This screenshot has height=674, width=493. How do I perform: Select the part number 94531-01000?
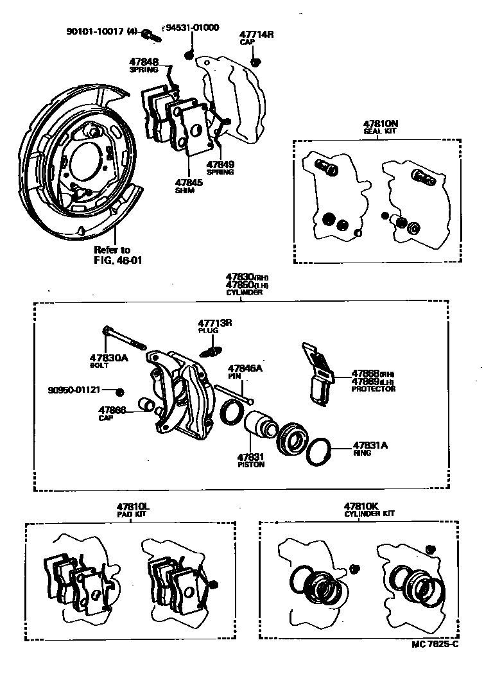[193, 28]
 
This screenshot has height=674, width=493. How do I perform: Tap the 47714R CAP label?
[256, 37]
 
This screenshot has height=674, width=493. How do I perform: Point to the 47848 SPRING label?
[144, 65]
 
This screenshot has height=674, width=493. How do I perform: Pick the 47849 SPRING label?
[220, 168]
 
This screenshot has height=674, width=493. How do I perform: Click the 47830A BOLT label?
[109, 361]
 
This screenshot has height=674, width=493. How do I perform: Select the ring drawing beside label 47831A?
[318, 453]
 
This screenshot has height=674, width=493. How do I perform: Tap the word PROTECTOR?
[374, 389]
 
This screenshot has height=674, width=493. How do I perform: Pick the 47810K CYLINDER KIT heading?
[369, 510]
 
